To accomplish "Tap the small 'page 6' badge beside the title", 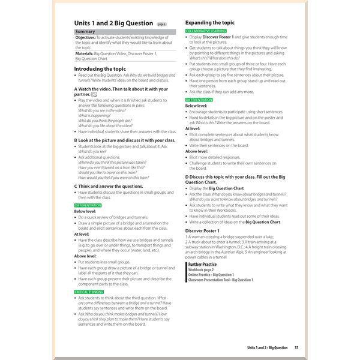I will pos(161,25).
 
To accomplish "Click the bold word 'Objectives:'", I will pos(86,37).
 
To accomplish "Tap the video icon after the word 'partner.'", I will pos(95,94).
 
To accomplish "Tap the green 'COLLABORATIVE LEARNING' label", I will pos(209,30).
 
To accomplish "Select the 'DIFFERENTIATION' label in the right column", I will pos(199,100).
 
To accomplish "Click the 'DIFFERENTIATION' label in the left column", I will pos(88,206).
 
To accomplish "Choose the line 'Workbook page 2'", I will pos(201,269).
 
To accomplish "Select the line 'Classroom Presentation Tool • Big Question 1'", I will pos(220,280).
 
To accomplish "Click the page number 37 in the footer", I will pos(296,347).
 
